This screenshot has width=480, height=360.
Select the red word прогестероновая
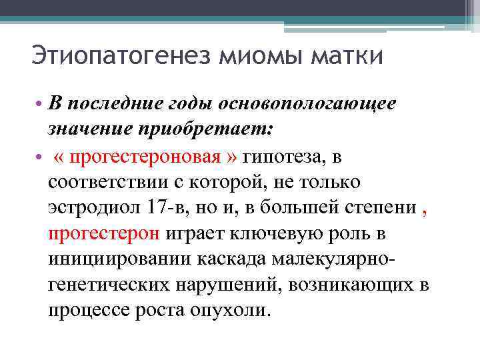[x=145, y=157]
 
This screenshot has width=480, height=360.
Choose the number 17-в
[x=177, y=207]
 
